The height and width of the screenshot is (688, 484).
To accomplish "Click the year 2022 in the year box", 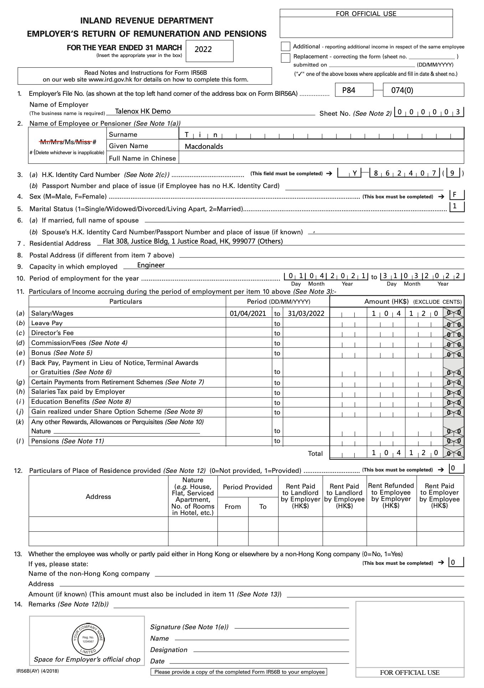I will tap(203, 49).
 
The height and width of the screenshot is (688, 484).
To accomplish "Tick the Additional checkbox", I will tap(285, 47).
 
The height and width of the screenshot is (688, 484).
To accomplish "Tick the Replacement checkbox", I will tap(285, 58).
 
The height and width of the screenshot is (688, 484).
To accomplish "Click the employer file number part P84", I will tap(349, 90).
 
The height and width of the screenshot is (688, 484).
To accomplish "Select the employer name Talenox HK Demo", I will tap(143, 111).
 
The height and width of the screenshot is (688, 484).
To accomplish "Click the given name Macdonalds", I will tap(204, 146).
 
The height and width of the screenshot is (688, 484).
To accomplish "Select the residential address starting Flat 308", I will tap(192, 241).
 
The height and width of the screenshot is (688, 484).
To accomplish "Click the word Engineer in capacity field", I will tap(151, 265).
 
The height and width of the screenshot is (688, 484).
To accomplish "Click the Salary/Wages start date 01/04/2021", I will tap(248, 313).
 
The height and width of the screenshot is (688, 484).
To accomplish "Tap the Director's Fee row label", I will tap(52, 333).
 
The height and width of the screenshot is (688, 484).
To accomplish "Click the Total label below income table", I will tap(315, 453).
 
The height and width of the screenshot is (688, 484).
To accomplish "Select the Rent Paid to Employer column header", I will tap(439, 496).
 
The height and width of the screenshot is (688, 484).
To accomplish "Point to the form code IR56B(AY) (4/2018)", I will tap(38, 671).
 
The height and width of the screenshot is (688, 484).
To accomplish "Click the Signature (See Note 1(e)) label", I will tap(189, 627).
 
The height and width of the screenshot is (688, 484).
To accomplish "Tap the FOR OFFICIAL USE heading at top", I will tap(366, 14).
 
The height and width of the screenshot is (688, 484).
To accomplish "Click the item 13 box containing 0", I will tap(456, 563).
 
